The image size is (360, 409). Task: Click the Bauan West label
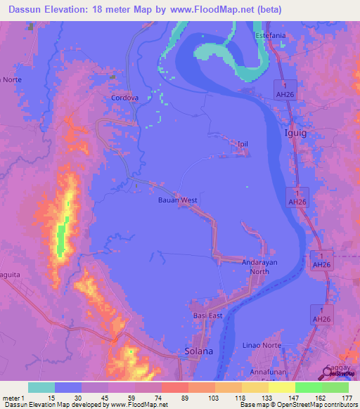[177, 200]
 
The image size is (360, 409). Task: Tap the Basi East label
[207, 316]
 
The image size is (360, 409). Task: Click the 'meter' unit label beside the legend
[13, 398]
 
